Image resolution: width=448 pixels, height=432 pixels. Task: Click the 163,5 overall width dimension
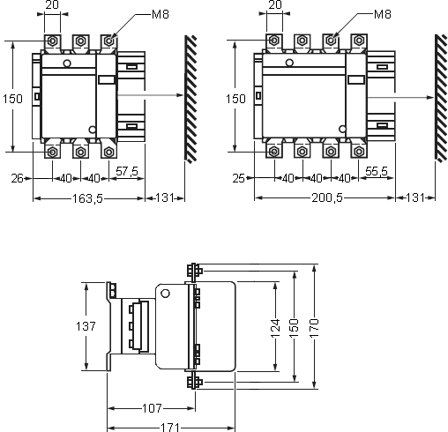tap(88, 199)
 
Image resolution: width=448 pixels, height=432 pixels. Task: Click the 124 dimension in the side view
tap(275, 327)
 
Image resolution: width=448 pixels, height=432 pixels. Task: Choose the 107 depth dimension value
tap(151, 408)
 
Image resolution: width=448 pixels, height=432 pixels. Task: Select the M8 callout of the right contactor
tap(382, 15)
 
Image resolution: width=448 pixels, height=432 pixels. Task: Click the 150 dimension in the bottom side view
tap(295, 327)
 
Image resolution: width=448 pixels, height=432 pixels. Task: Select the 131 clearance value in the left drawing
tap(163, 199)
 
